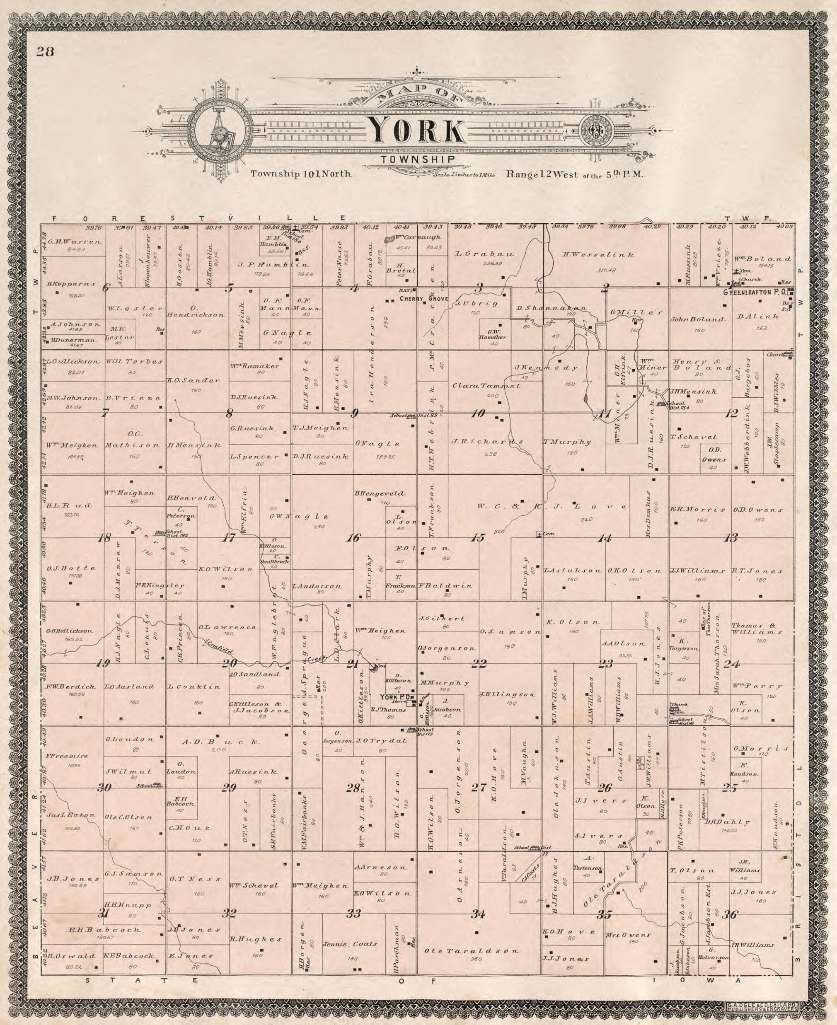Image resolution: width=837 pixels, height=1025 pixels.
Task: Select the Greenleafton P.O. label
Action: pos(755,292)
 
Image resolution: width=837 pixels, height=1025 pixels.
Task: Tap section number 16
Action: pos(353,538)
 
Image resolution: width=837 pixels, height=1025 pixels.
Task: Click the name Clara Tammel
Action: pos(486,386)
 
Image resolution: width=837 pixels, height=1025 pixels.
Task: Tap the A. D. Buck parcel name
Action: pos(221,742)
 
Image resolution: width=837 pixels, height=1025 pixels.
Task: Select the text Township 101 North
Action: pos(300,174)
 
